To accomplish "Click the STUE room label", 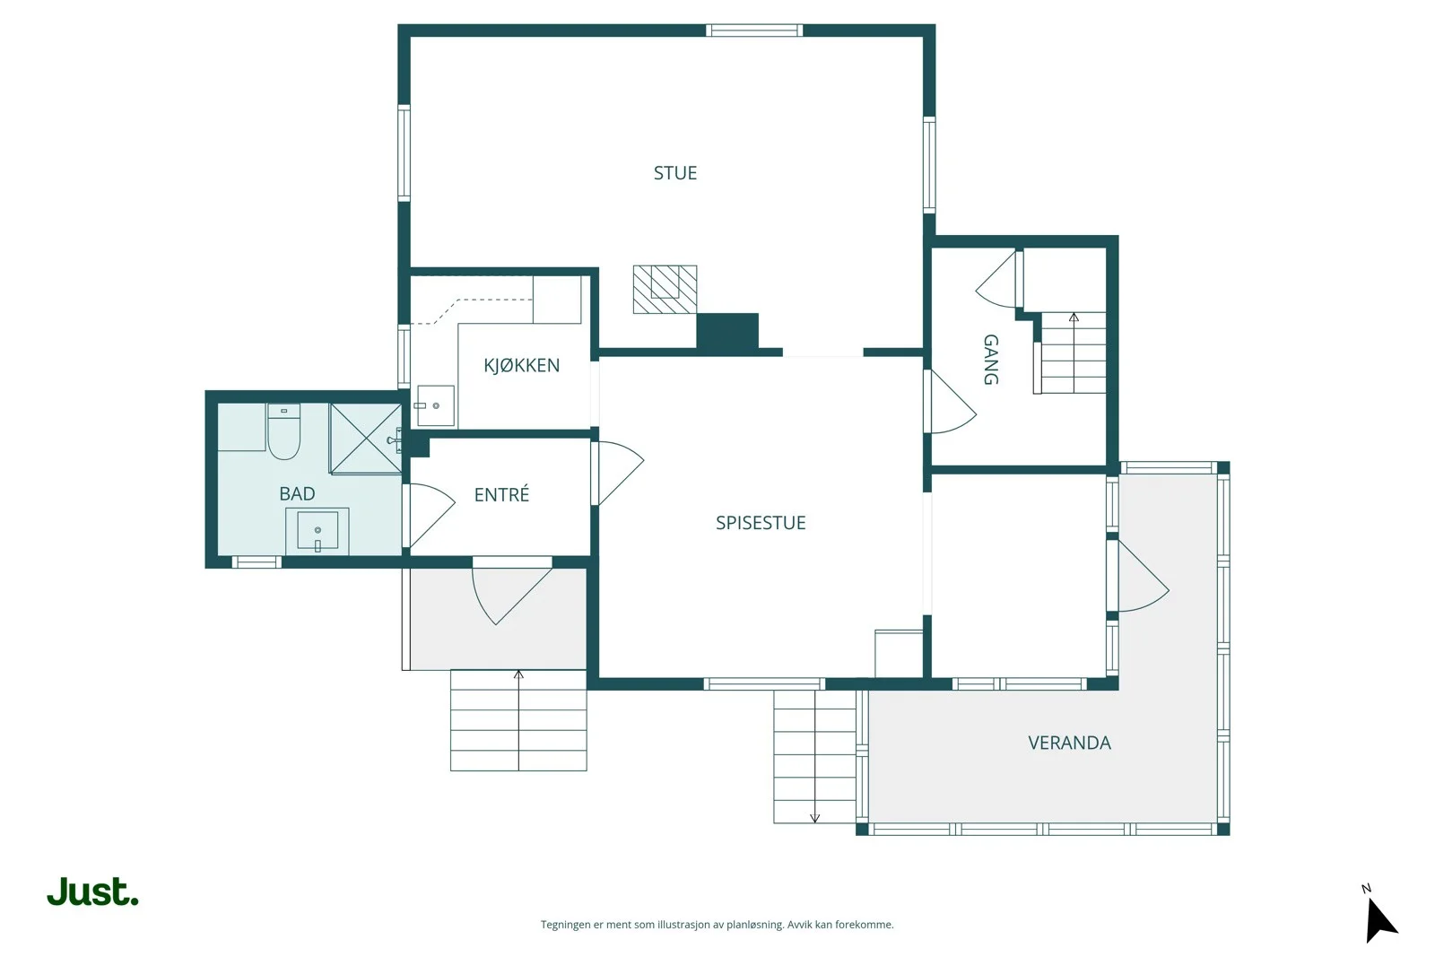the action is click(675, 173).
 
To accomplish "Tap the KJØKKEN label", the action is click(521, 365).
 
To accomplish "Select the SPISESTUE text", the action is click(761, 523).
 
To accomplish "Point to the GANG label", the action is click(990, 360).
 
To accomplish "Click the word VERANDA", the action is click(1069, 743).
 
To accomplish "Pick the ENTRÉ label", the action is click(501, 494).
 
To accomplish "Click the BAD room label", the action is click(297, 493).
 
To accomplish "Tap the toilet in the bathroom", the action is click(283, 431).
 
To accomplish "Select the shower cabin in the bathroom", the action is click(366, 439).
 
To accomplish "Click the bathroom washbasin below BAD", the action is click(317, 531).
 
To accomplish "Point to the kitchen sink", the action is click(436, 405).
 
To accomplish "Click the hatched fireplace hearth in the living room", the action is click(665, 290).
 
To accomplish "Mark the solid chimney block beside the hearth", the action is click(727, 332).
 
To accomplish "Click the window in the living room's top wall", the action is click(754, 30).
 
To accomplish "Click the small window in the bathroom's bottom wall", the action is click(257, 562).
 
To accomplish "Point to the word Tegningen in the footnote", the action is click(566, 925).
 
